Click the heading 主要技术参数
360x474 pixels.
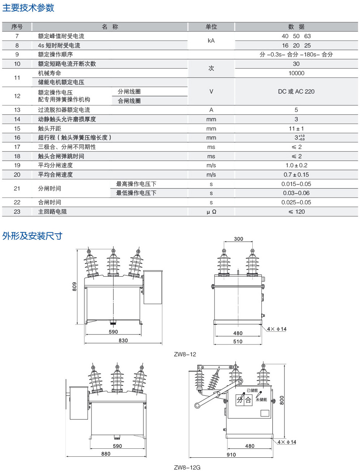point(28,8)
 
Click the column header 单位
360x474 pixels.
point(211,27)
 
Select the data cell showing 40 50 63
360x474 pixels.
point(296,36)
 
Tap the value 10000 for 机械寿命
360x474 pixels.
point(296,73)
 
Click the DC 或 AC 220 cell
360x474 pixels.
point(296,91)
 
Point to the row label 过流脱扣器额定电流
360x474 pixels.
point(64,110)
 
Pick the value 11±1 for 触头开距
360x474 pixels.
point(296,128)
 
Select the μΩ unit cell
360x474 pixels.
point(211,212)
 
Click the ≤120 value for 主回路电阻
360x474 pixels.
point(296,212)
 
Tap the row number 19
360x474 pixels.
point(17,165)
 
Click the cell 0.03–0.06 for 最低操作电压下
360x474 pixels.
point(296,193)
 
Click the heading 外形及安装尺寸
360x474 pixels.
point(32,236)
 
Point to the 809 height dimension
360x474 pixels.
point(74,287)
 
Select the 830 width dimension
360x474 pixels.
point(123,340)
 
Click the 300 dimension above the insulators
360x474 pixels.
point(238,239)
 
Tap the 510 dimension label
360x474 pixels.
point(237,341)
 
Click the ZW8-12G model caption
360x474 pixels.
point(187,467)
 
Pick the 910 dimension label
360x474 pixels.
point(231,454)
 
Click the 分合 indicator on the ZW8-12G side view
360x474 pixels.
point(244,400)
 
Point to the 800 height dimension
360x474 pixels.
point(282,400)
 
